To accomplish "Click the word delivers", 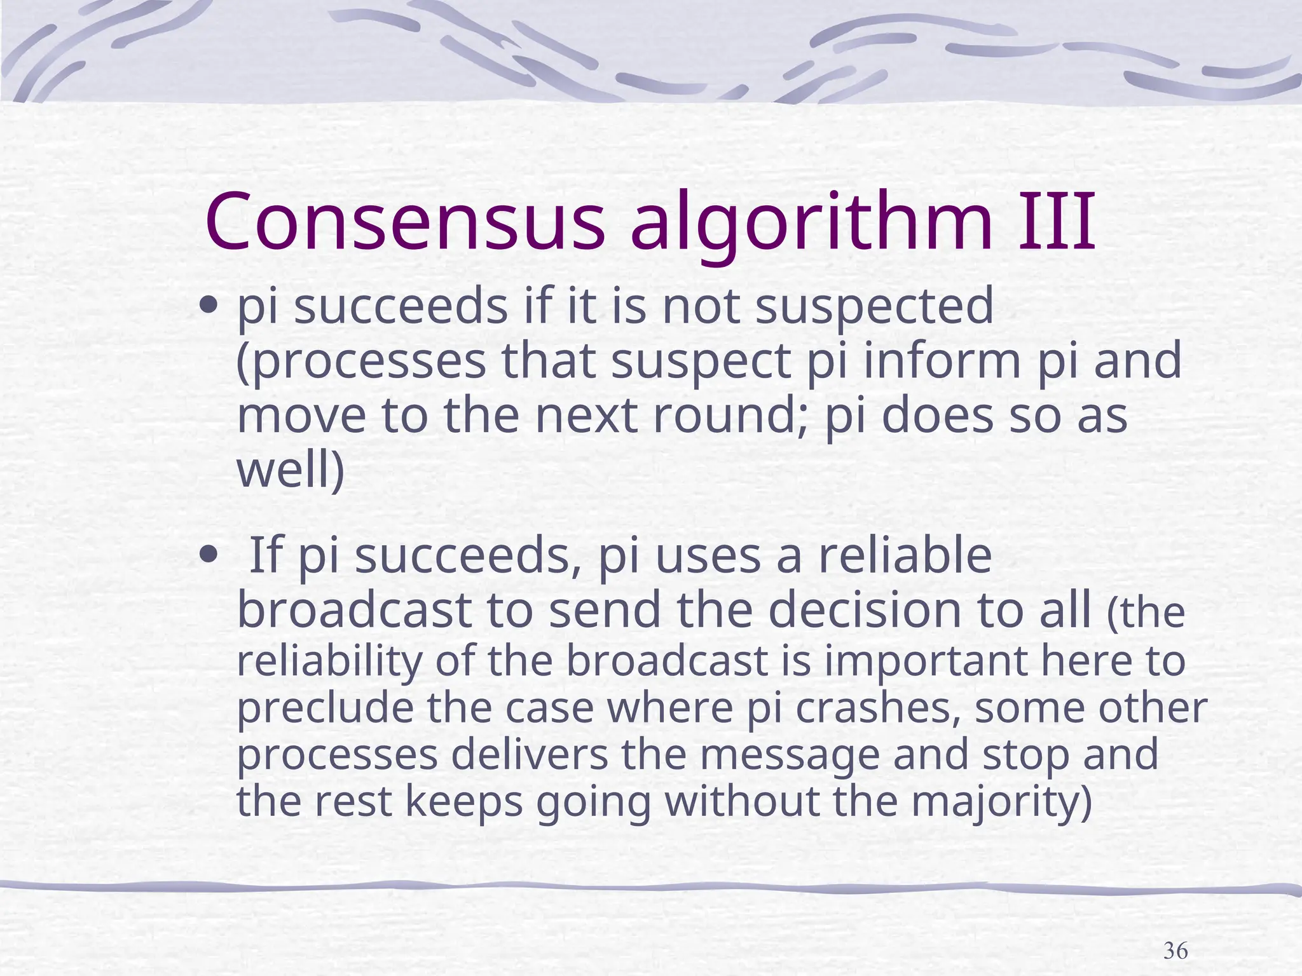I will (540, 755).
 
